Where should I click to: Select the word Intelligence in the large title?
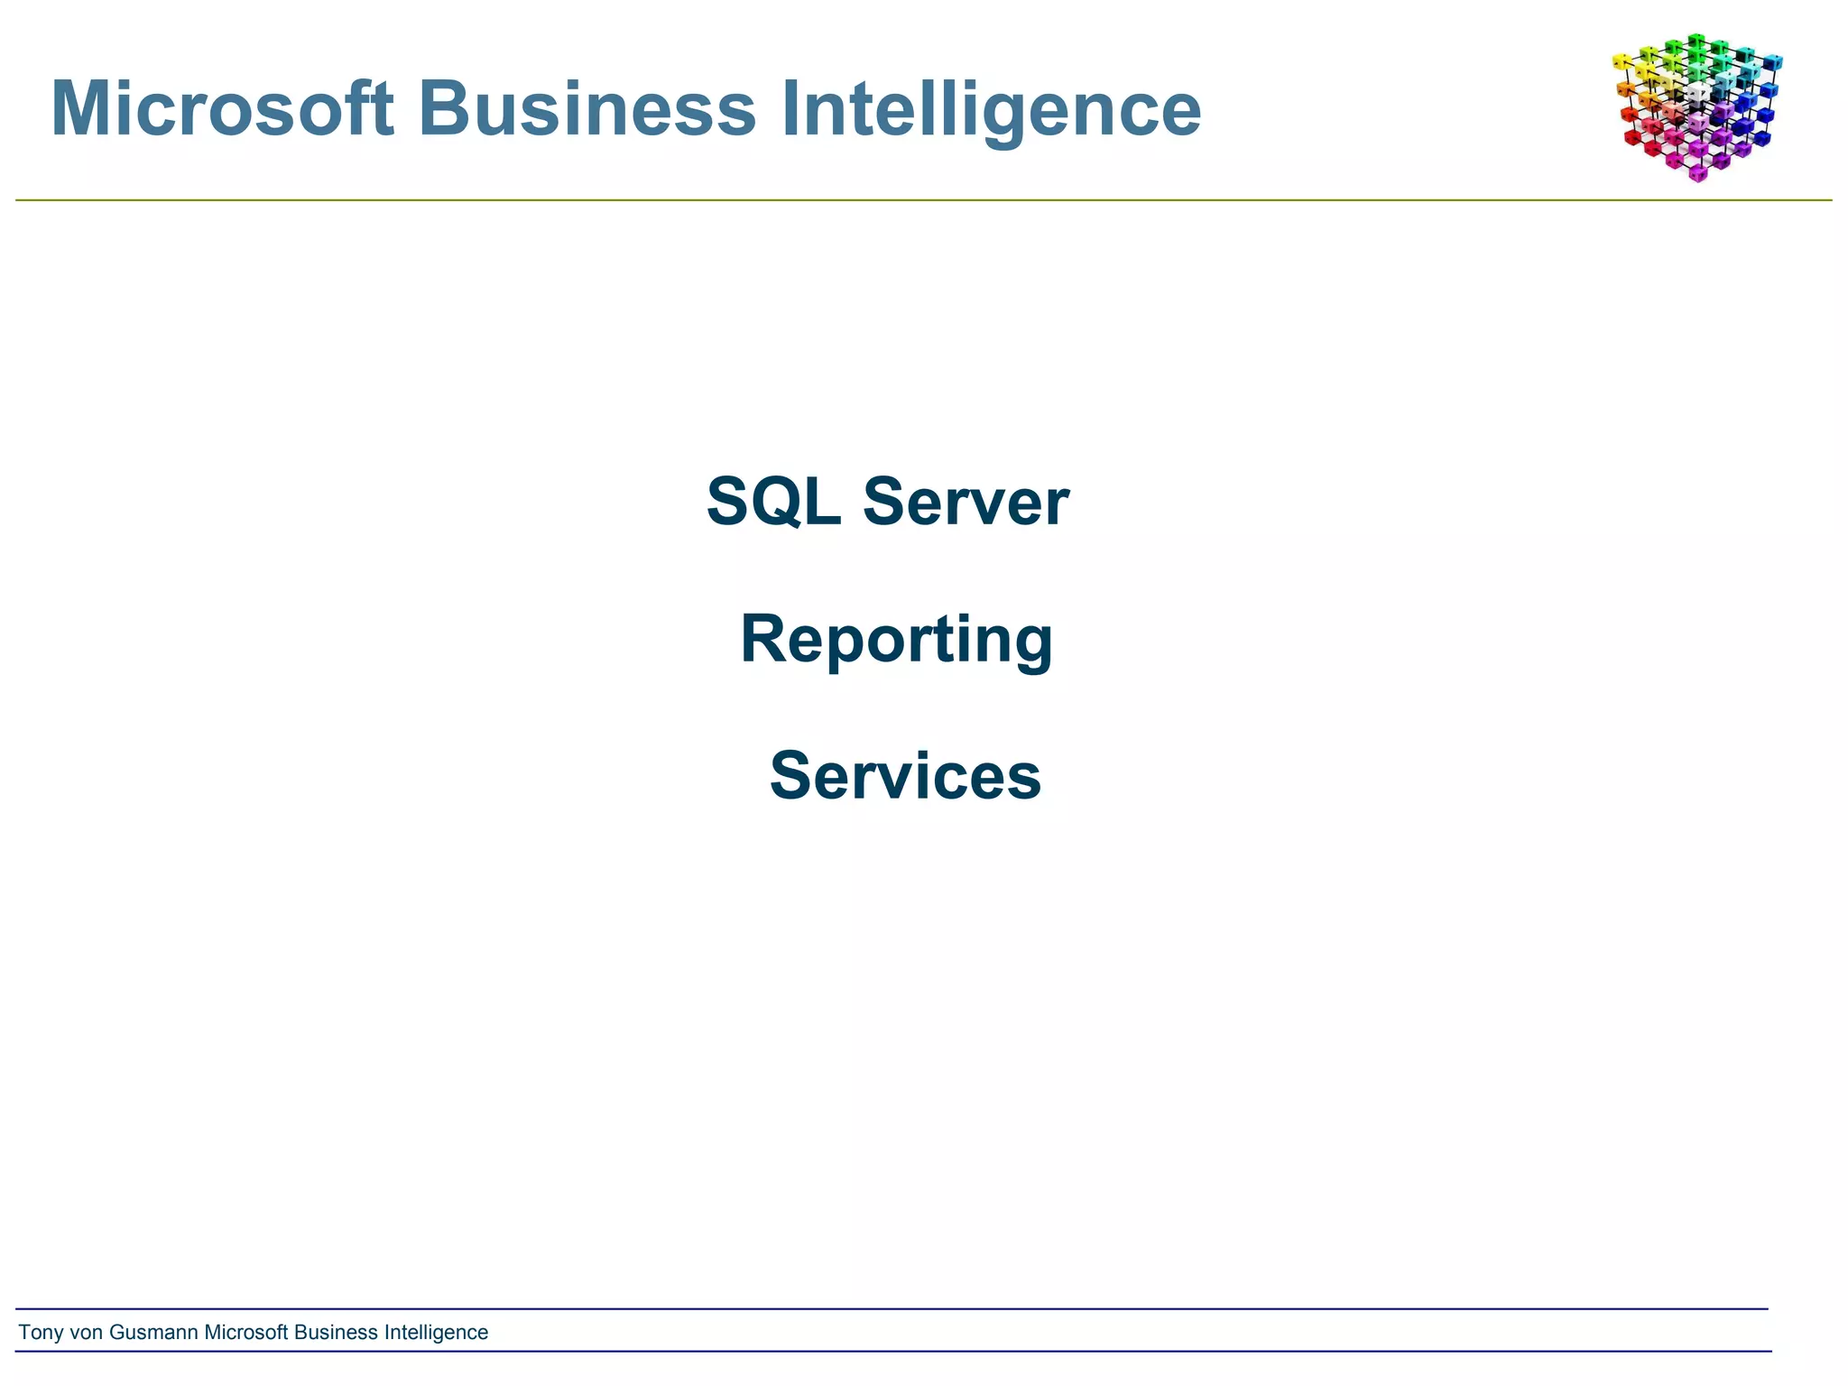(x=990, y=109)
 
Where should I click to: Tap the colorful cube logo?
(x=1696, y=106)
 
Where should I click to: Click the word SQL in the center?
(x=772, y=502)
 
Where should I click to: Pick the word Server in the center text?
(x=966, y=502)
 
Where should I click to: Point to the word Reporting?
(x=896, y=639)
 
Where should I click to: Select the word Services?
(x=905, y=776)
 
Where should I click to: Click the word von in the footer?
(x=87, y=1333)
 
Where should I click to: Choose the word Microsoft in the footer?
(x=246, y=1333)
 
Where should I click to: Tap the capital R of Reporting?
(x=762, y=639)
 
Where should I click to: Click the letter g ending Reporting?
(x=1032, y=645)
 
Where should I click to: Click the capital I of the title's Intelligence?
(x=790, y=109)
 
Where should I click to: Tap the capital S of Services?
(x=790, y=776)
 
